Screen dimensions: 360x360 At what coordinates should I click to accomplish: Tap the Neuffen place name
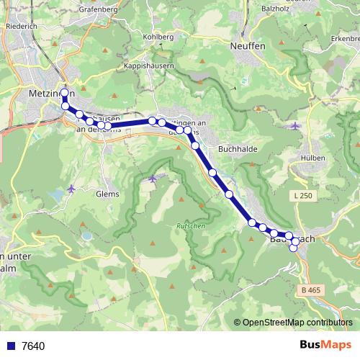pos(247,45)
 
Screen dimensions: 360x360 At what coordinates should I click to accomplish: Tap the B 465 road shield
pos(310,289)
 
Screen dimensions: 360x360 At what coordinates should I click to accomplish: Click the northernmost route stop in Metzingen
pos(65,93)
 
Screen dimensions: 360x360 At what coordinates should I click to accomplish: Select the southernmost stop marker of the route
pos(294,248)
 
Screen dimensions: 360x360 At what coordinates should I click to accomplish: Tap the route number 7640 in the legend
pos(33,346)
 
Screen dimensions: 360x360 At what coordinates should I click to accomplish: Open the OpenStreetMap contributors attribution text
pos(297,323)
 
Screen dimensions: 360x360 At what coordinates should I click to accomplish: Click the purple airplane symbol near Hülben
pos(296,126)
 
